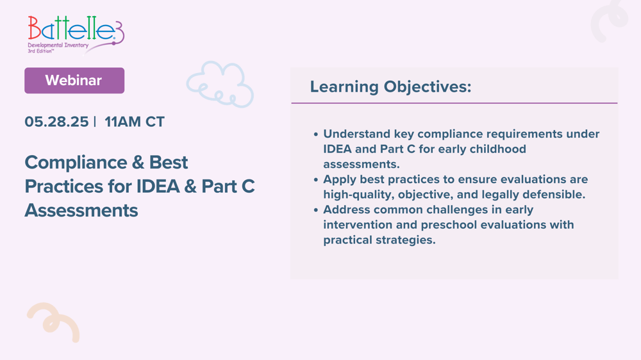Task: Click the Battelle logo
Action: click(x=75, y=33)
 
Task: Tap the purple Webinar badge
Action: click(x=74, y=81)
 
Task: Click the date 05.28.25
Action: click(x=56, y=122)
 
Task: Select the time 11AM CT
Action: click(x=135, y=122)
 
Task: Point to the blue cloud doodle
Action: click(x=220, y=84)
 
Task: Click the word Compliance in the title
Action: click(x=71, y=162)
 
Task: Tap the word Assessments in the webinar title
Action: click(x=81, y=210)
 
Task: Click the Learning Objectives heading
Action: click(x=390, y=86)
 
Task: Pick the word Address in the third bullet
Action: click(x=347, y=209)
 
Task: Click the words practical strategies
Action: click(x=379, y=240)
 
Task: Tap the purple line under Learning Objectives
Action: click(x=454, y=103)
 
